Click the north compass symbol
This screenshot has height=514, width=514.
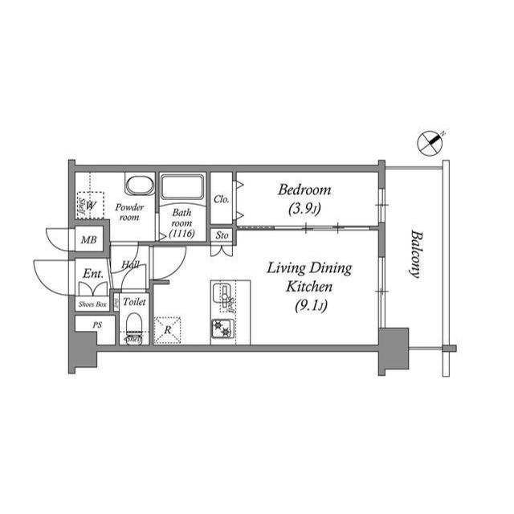(x=430, y=143)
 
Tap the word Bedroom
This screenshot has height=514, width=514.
(x=304, y=190)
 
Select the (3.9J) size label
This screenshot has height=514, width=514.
(x=304, y=210)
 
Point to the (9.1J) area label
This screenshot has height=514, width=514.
(x=309, y=304)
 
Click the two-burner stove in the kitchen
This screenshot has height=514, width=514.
(x=222, y=329)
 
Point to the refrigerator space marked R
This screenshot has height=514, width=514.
(x=167, y=330)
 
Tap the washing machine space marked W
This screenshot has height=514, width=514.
(x=91, y=205)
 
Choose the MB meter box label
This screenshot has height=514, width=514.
(x=88, y=240)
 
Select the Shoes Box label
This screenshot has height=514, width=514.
(x=92, y=304)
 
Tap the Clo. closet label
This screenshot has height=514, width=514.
(x=221, y=198)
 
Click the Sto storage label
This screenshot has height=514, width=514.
(x=222, y=235)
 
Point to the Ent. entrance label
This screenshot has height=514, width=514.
(x=92, y=274)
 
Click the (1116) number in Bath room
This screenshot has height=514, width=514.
(x=182, y=233)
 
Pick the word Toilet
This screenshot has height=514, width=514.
(x=134, y=302)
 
